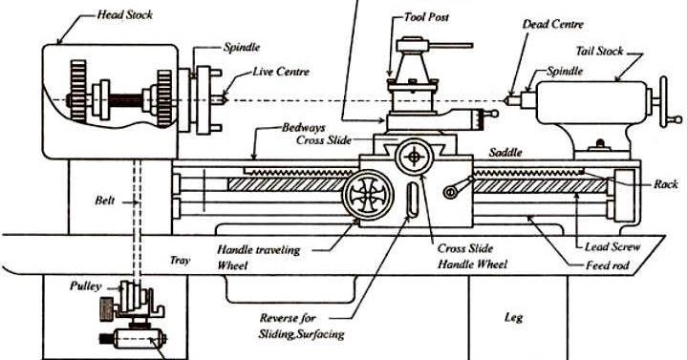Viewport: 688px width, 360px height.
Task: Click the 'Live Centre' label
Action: click(x=279, y=72)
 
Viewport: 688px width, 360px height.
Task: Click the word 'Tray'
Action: click(x=179, y=259)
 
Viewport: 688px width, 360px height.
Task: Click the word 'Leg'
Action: click(x=514, y=315)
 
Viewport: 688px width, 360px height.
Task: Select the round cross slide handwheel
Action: click(x=417, y=155)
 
